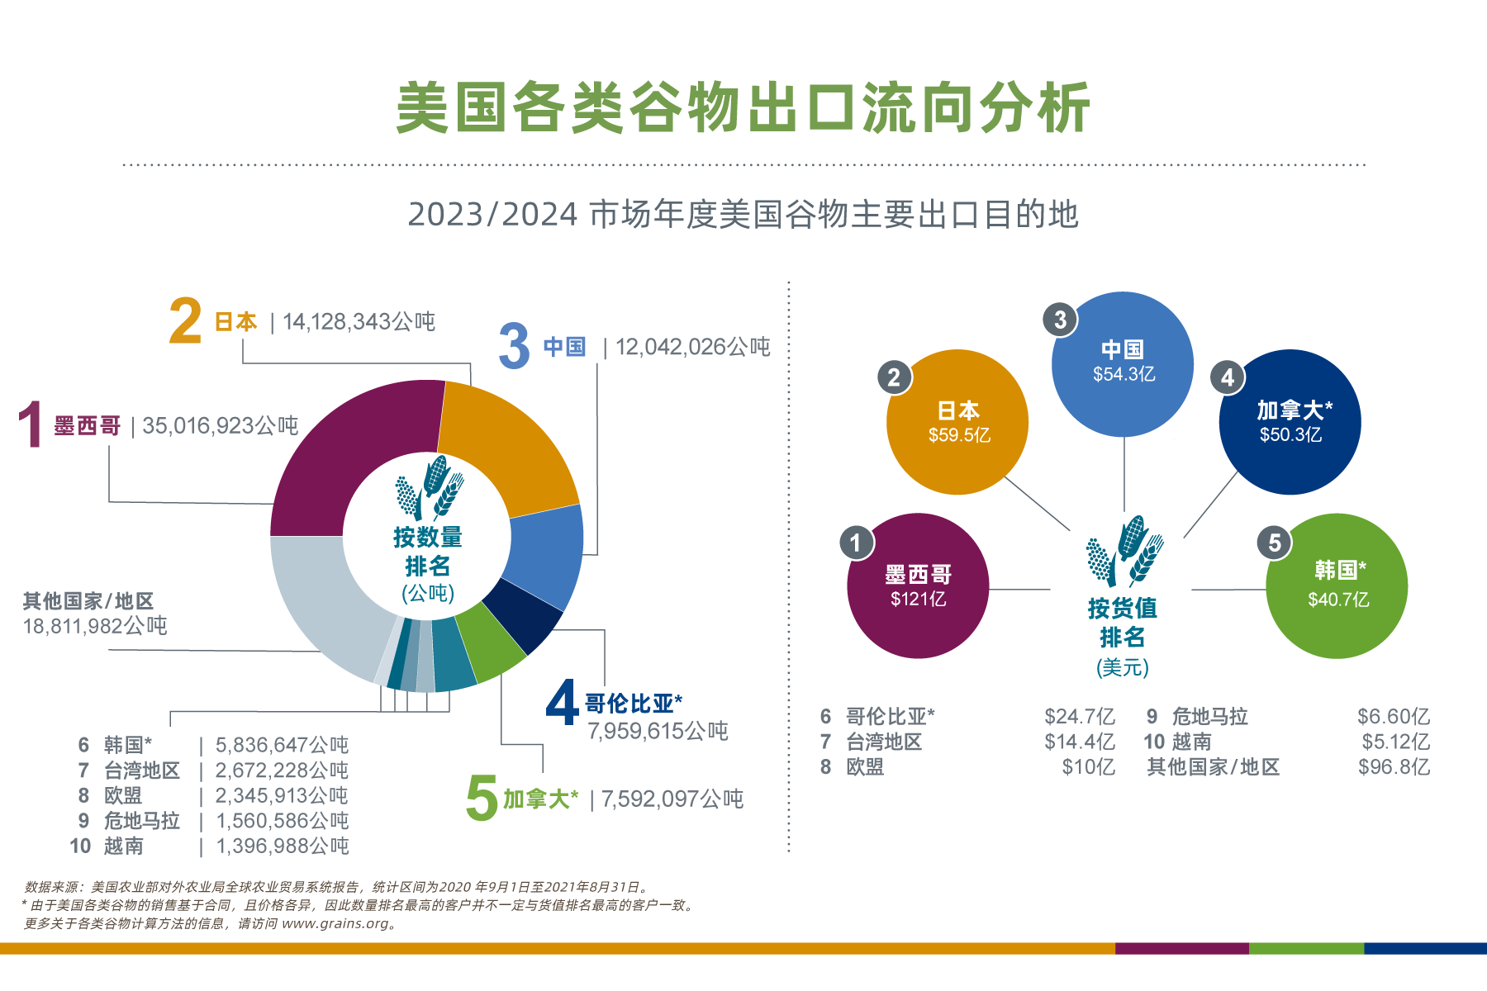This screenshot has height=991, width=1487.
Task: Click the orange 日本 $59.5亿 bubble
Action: click(957, 422)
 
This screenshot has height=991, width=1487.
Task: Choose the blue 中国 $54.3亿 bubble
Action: click(1123, 363)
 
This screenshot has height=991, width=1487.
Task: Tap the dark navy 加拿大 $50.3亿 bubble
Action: click(1290, 422)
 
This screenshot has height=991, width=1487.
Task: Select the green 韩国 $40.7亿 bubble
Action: click(1337, 586)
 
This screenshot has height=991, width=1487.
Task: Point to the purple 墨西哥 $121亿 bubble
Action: click(918, 586)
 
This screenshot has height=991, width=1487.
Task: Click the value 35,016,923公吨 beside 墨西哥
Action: click(221, 425)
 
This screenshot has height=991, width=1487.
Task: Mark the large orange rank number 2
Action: click(185, 321)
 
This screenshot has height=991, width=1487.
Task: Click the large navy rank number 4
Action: click(562, 703)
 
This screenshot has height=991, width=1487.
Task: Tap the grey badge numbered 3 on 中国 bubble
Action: click(1060, 320)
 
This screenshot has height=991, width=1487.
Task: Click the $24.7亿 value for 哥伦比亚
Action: click(1079, 716)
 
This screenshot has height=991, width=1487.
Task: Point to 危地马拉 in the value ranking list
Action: click(1209, 716)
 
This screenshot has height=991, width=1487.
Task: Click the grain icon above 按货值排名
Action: click(1124, 552)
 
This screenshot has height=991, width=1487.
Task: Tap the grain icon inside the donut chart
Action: click(429, 487)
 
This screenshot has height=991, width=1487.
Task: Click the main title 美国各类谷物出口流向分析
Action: click(743, 108)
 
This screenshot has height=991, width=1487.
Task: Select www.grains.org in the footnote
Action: click(335, 923)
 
